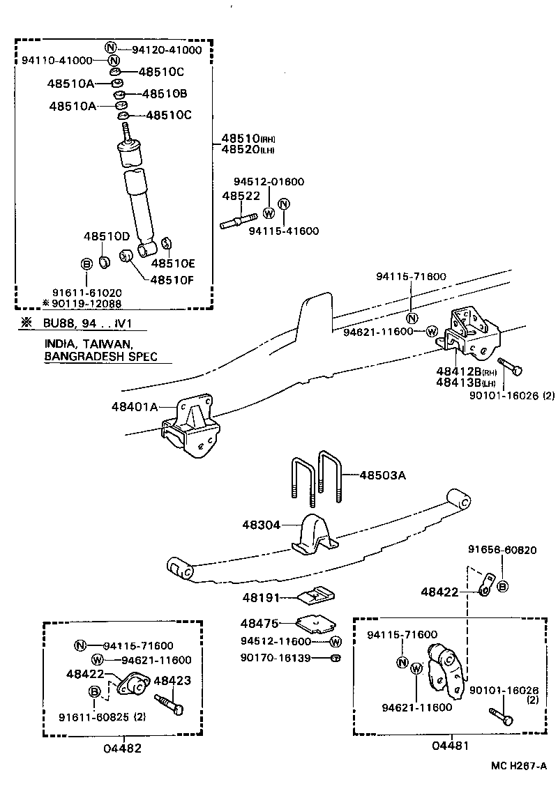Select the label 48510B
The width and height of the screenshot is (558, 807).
coord(165,93)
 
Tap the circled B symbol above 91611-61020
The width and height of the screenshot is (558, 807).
coord(86,264)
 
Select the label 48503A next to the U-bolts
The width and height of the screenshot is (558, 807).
coord(382,475)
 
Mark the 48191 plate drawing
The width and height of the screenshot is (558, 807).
coord(316,594)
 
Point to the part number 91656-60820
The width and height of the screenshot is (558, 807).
coord(502,550)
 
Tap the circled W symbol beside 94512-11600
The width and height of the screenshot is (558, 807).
coord(335,641)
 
